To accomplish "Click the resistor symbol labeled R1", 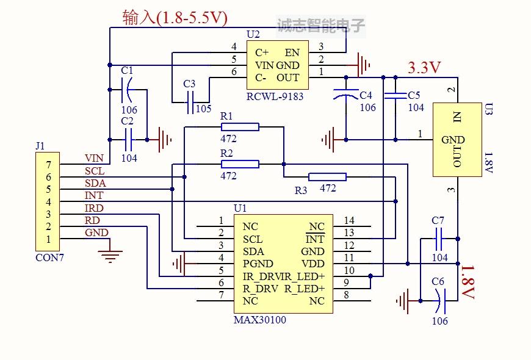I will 240,127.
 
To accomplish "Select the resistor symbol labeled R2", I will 240,164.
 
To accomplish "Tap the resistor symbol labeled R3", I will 327,177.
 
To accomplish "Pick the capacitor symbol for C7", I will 438,238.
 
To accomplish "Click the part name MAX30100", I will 260,320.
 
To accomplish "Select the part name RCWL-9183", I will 275,96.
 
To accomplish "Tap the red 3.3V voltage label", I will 424,68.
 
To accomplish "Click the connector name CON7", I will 49,257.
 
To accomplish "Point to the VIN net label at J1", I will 94,159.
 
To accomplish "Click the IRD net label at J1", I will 94,209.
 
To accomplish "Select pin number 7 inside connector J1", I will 49,165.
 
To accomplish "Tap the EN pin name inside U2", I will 292,52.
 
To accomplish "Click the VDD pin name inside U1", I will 312,264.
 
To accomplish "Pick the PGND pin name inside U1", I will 257,264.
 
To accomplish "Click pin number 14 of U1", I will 349,220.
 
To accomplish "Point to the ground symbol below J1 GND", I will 110,252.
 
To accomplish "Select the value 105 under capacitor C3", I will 204,109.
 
